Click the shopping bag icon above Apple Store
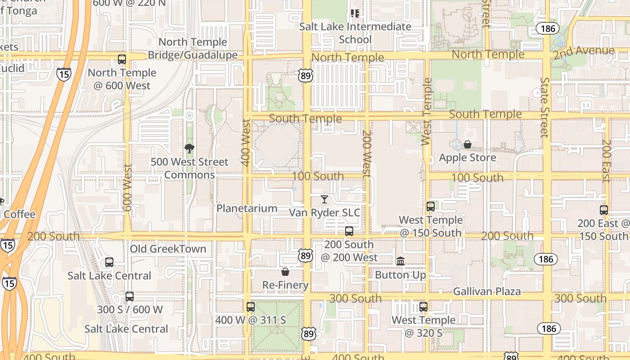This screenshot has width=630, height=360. (x=468, y=144)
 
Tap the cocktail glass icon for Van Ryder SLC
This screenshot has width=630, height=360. (x=324, y=199)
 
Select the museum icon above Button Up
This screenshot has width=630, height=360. (x=400, y=261)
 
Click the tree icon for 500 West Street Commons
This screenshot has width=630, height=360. (x=189, y=148)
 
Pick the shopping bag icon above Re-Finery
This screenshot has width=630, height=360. (x=285, y=271)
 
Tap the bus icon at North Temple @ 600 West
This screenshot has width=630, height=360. (x=121, y=59)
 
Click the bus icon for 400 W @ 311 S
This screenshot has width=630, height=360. (x=251, y=307)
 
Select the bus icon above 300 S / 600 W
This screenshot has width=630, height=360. (x=130, y=297)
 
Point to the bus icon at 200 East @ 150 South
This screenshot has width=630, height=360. (x=604, y=210)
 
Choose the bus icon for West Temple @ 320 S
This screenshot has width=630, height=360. (x=423, y=307)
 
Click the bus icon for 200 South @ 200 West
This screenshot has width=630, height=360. (x=349, y=231)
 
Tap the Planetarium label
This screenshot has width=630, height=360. (x=247, y=208)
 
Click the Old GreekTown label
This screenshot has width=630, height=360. (x=168, y=249)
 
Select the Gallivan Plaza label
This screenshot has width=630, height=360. (x=487, y=292)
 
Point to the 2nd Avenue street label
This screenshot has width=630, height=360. (x=584, y=52)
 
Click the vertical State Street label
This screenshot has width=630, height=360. (x=545, y=107)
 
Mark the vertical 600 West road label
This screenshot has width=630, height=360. (x=127, y=188)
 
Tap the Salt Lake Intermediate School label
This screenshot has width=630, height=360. (x=355, y=33)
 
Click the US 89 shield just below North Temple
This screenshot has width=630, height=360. (x=306, y=76)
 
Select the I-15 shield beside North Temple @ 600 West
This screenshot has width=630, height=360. (x=64, y=74)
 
